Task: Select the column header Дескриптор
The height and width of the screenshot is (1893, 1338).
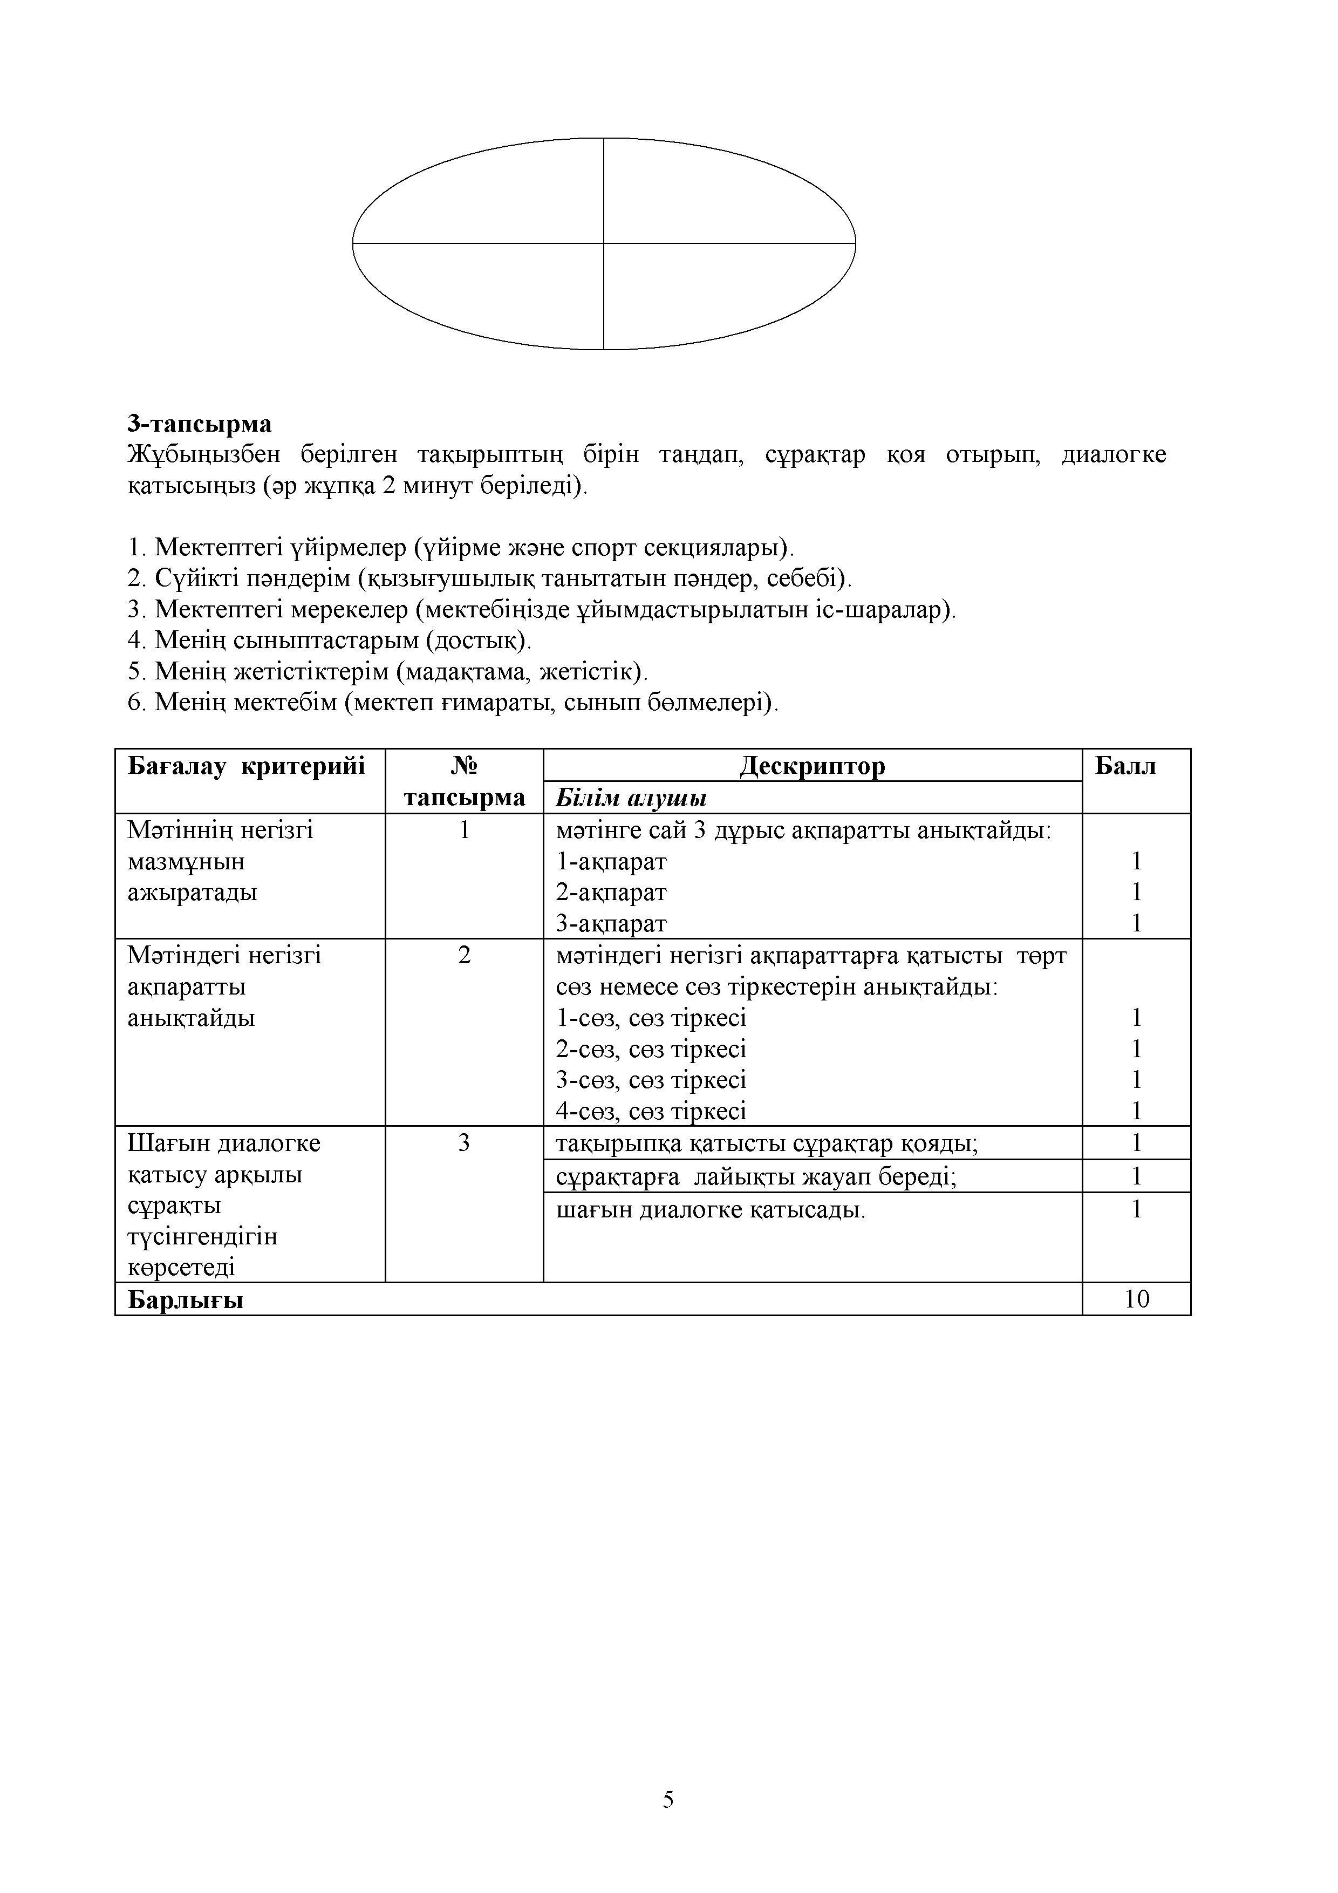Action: pos(812,766)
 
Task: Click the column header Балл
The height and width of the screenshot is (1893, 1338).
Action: pos(1125,766)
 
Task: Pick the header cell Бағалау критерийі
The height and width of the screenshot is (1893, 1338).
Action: pos(245,766)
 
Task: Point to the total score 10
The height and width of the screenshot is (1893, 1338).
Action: pos(1136,1299)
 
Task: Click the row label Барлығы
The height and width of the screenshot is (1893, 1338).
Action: pos(186,1300)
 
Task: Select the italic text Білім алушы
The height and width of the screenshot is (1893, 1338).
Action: pos(631,797)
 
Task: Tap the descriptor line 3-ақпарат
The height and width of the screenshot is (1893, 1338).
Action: pos(611,923)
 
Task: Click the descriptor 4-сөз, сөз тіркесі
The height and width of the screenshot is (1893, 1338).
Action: pos(651,1112)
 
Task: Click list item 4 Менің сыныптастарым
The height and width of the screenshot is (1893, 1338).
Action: pos(330,640)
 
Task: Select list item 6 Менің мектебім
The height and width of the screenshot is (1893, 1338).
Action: pos(453,703)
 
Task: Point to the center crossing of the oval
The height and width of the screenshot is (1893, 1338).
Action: pos(604,243)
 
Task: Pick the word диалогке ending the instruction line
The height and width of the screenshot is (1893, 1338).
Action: pos(1113,454)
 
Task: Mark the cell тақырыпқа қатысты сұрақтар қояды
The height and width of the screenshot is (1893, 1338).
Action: pos(767,1143)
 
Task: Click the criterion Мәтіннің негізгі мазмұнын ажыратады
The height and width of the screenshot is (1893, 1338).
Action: pos(221,861)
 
